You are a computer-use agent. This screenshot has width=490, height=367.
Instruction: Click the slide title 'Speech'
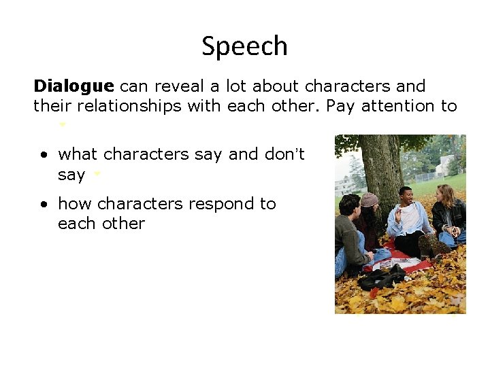point(244,46)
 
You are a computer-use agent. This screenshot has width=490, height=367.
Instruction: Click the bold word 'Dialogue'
point(73,87)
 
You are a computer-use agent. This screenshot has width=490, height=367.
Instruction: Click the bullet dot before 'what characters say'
point(43,156)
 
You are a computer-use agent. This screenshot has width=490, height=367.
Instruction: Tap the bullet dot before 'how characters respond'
point(43,205)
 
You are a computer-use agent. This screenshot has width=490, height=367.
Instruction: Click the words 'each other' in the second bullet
point(101,224)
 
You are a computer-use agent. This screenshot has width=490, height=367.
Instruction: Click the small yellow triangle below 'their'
point(63,125)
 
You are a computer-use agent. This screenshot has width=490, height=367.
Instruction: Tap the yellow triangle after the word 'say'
point(97,175)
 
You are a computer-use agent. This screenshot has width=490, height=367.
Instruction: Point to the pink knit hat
point(370,200)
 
